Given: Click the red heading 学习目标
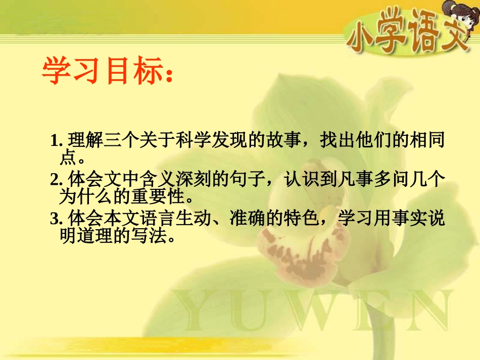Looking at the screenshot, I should tap(104, 71).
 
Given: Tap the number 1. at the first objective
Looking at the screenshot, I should tap(57, 141).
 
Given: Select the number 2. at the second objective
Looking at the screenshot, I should tap(56, 179).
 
